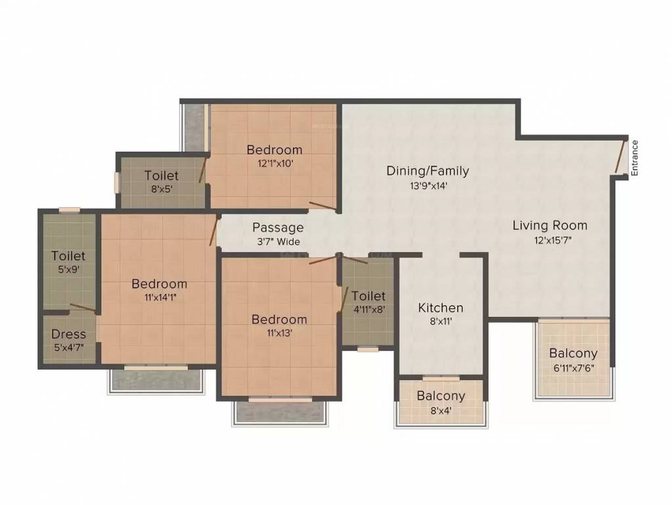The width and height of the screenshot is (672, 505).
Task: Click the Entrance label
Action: (x=635, y=158)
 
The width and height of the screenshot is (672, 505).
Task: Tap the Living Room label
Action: (x=550, y=226)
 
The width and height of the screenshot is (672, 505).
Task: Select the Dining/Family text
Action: (x=428, y=171)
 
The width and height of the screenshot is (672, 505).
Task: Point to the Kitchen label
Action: (x=441, y=308)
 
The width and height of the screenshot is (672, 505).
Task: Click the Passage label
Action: (x=278, y=228)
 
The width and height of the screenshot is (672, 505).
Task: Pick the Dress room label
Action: (x=69, y=334)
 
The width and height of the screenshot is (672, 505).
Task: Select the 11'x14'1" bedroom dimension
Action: (x=159, y=297)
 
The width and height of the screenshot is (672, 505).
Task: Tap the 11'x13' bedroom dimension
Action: (x=279, y=333)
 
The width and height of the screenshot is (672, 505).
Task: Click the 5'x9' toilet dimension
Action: (x=69, y=269)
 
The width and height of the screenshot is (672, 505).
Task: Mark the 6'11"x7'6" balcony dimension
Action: (x=573, y=368)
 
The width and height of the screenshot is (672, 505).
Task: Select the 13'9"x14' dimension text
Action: (x=428, y=185)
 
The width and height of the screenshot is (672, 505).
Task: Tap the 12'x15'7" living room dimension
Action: (x=550, y=240)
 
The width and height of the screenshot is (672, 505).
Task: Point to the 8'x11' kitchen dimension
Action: (x=441, y=322)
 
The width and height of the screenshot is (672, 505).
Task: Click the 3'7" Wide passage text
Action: (x=278, y=241)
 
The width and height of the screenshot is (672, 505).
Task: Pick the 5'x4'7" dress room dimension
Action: (x=69, y=348)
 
